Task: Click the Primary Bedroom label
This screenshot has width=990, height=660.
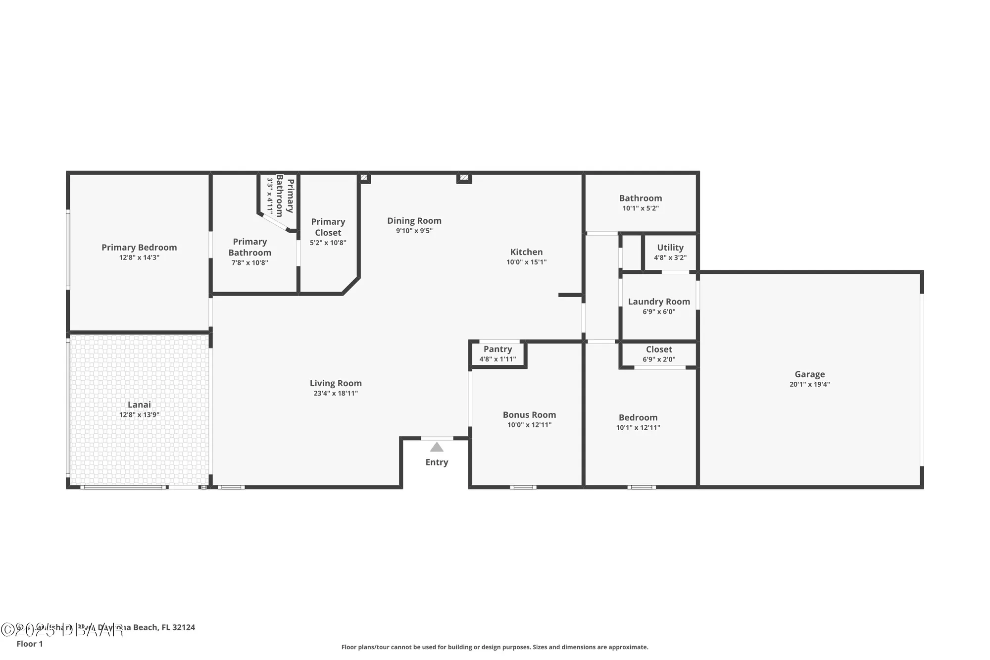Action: [139, 248]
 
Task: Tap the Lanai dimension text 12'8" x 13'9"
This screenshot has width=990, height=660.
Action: [139, 415]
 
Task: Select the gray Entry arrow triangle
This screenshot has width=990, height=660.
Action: [437, 448]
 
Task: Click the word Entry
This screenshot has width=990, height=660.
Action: [437, 462]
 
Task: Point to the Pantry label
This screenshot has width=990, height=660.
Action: [497, 349]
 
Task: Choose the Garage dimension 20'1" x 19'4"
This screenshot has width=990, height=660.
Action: [809, 384]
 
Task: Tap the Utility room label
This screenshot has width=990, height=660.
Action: [670, 248]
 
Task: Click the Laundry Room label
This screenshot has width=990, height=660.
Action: [659, 302]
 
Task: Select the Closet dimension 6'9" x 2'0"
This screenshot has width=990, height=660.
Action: [659, 359]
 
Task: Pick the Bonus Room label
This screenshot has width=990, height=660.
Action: [529, 415]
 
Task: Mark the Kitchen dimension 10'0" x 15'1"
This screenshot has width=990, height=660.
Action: [526, 262]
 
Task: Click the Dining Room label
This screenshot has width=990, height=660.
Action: [414, 221]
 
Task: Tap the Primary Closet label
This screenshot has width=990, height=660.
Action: [328, 227]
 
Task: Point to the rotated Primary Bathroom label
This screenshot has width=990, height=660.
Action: [285, 197]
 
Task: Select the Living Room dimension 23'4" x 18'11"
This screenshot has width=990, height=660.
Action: [336, 394]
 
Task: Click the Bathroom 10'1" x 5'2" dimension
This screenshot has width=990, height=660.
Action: [641, 208]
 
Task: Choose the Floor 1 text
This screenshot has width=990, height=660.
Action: [30, 644]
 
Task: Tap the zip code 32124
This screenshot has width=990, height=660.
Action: [184, 627]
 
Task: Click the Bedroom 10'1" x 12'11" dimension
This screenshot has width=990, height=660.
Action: [638, 428]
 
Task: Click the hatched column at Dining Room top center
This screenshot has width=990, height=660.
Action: [464, 177]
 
